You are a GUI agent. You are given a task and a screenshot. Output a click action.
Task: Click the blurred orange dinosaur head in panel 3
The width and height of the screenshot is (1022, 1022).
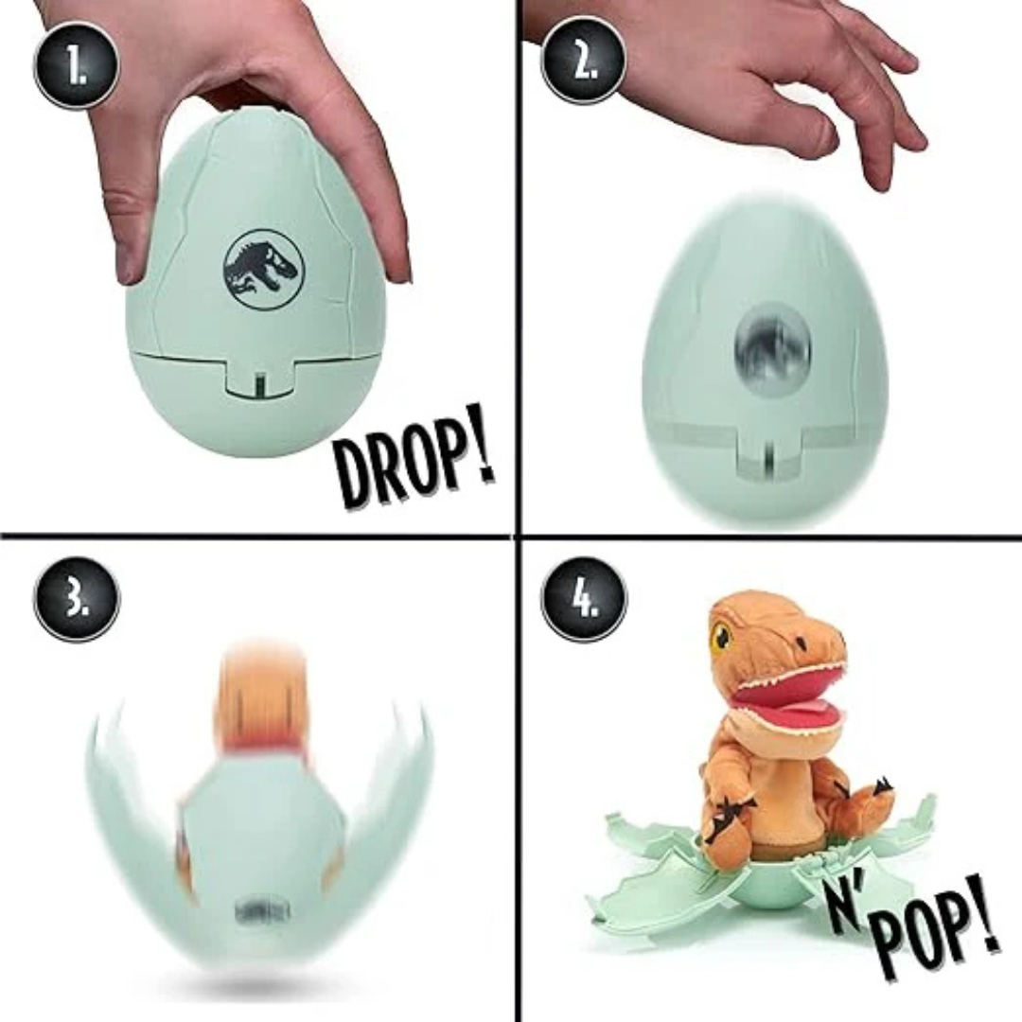click(x=261, y=691)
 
